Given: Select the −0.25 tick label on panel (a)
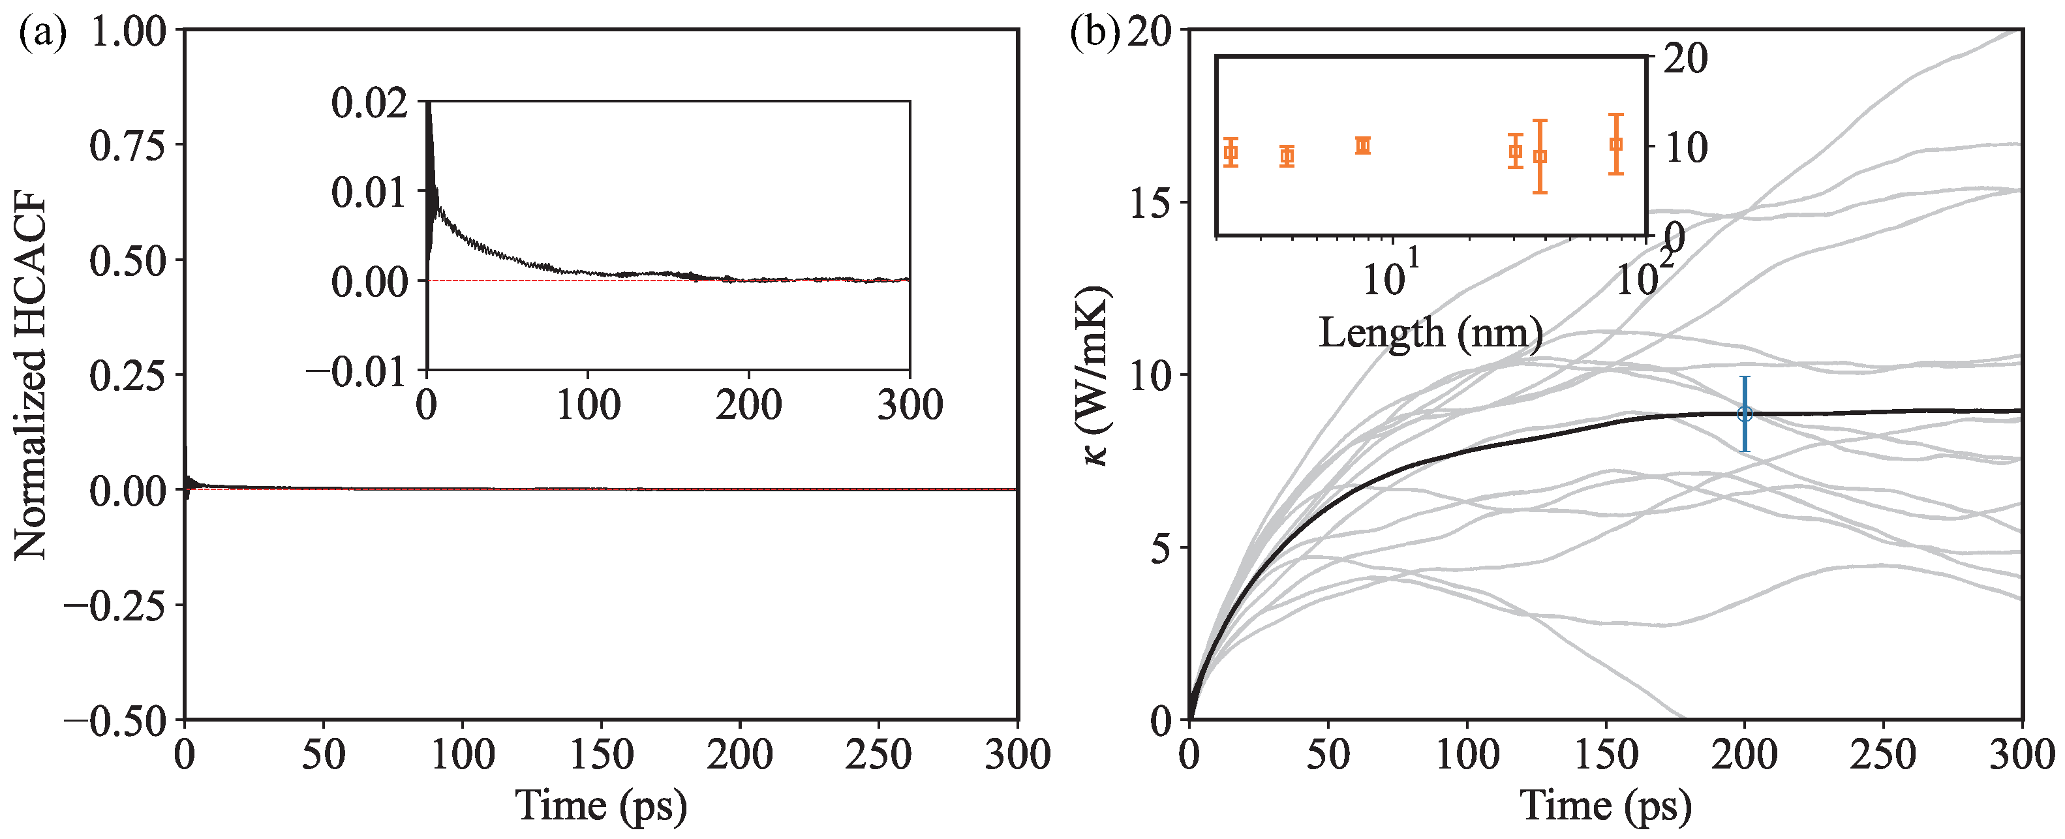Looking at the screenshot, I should (x=115, y=606).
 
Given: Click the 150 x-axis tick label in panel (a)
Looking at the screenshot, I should (x=601, y=755).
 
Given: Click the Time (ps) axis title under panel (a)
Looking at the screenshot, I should (x=601, y=804).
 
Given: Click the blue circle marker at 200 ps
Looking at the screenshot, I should (x=1745, y=414).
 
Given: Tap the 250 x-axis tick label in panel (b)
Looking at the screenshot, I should (x=1883, y=755).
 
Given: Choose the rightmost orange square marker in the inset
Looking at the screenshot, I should (x=1616, y=144).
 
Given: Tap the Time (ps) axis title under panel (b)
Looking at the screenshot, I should (x=1606, y=804).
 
